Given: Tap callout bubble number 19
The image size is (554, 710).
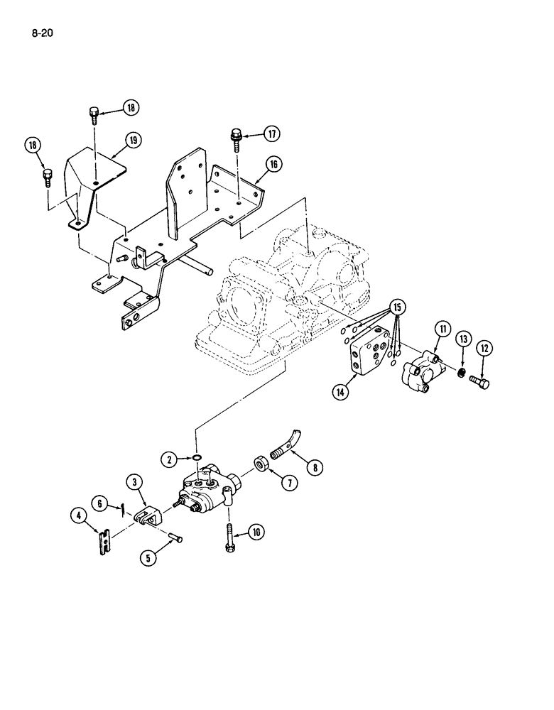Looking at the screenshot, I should tap(131, 141).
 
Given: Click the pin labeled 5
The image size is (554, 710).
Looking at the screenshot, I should tap(176, 540).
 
